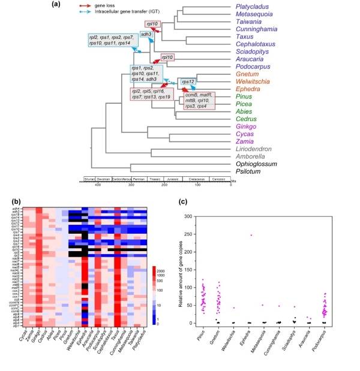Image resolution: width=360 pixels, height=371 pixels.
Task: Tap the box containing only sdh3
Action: click(x=146, y=35)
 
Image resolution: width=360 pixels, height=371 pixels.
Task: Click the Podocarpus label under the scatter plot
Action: click(x=339, y=342)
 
